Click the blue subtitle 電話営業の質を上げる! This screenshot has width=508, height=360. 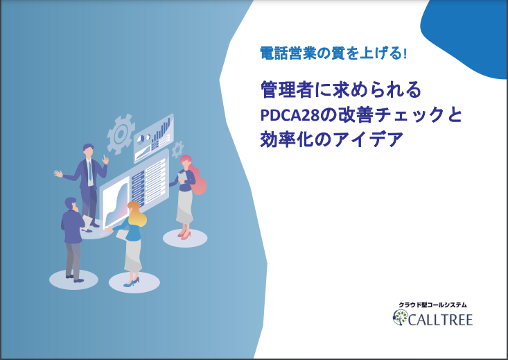click(333, 53)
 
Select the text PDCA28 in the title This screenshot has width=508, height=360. click(290, 115)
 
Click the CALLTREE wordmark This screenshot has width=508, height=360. click(440, 320)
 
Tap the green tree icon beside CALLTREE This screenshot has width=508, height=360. click(400, 318)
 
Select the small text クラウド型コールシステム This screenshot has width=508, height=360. click(432, 305)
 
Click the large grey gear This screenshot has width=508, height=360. click(121, 134)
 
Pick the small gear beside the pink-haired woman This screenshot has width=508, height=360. click(177, 150)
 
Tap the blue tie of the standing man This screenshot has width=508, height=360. click(89, 171)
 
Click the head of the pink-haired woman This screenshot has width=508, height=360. click(186, 162)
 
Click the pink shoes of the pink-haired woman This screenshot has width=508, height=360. click(184, 234)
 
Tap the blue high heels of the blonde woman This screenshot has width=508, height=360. click(132, 282)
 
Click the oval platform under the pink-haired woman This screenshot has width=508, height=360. click(185, 239)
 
